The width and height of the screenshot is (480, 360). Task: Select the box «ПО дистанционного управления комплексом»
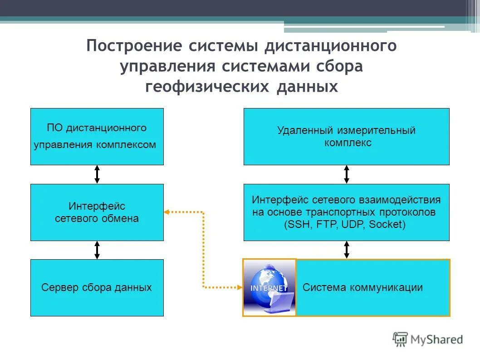(97, 136)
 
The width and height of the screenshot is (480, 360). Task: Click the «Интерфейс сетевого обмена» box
(97, 212)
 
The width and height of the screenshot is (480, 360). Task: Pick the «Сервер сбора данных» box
(97, 287)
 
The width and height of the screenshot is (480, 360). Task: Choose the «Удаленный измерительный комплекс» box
(346, 136)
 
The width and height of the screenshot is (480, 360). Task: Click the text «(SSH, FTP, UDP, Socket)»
(344, 224)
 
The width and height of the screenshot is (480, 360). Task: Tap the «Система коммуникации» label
(362, 287)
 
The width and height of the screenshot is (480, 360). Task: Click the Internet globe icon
(269, 287)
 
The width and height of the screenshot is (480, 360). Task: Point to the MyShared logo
(428, 339)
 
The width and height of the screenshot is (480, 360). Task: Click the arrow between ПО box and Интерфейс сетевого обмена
(97, 174)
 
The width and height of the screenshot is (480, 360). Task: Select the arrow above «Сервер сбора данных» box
(97, 250)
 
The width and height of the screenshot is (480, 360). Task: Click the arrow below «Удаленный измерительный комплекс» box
(347, 174)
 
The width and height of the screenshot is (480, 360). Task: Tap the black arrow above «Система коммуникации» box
(347, 250)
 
